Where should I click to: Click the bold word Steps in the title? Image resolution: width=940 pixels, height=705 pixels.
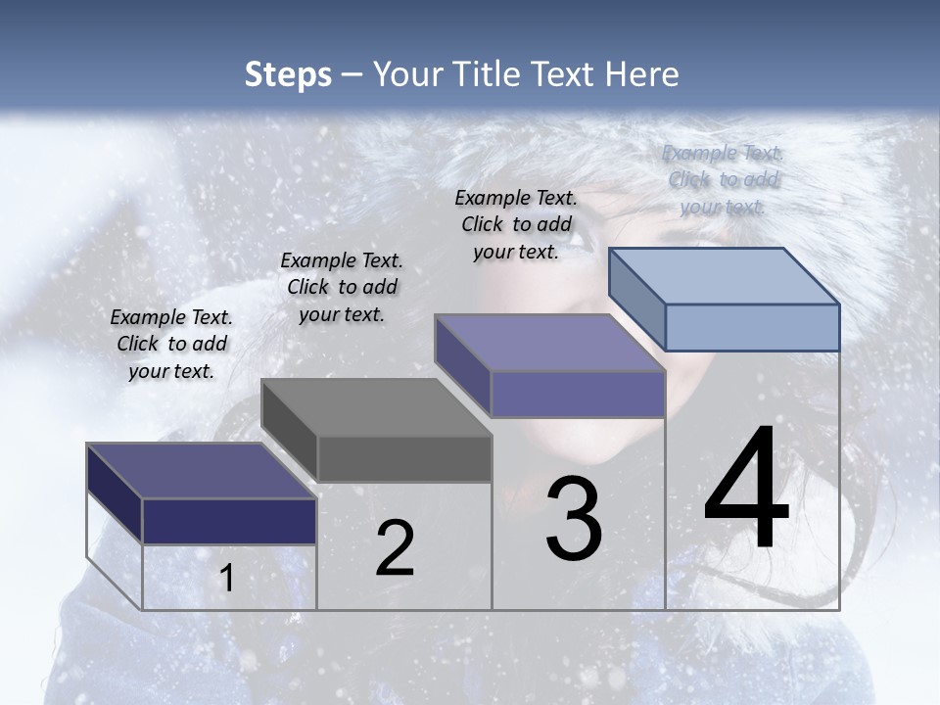tap(288, 74)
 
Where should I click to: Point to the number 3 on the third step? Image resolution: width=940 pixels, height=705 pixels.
tap(574, 519)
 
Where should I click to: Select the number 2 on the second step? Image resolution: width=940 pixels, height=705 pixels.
tap(395, 548)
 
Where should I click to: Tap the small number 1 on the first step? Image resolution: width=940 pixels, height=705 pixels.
tap(226, 579)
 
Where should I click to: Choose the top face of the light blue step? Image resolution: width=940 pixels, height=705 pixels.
tap(724, 275)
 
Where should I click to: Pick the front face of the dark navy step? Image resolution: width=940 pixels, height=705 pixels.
tap(229, 521)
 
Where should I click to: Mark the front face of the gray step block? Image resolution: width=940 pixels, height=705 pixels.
tap(403, 459)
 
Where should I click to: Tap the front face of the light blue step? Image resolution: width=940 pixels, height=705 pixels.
tap(752, 327)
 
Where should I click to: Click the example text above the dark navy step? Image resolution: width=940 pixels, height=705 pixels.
tap(171, 344)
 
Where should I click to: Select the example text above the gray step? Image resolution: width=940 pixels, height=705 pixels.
tap(342, 287)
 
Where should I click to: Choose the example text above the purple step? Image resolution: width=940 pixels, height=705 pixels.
tap(516, 224)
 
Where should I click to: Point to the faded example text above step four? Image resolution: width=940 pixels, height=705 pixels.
tap(724, 179)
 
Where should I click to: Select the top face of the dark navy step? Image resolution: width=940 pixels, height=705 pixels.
tap(201, 470)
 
